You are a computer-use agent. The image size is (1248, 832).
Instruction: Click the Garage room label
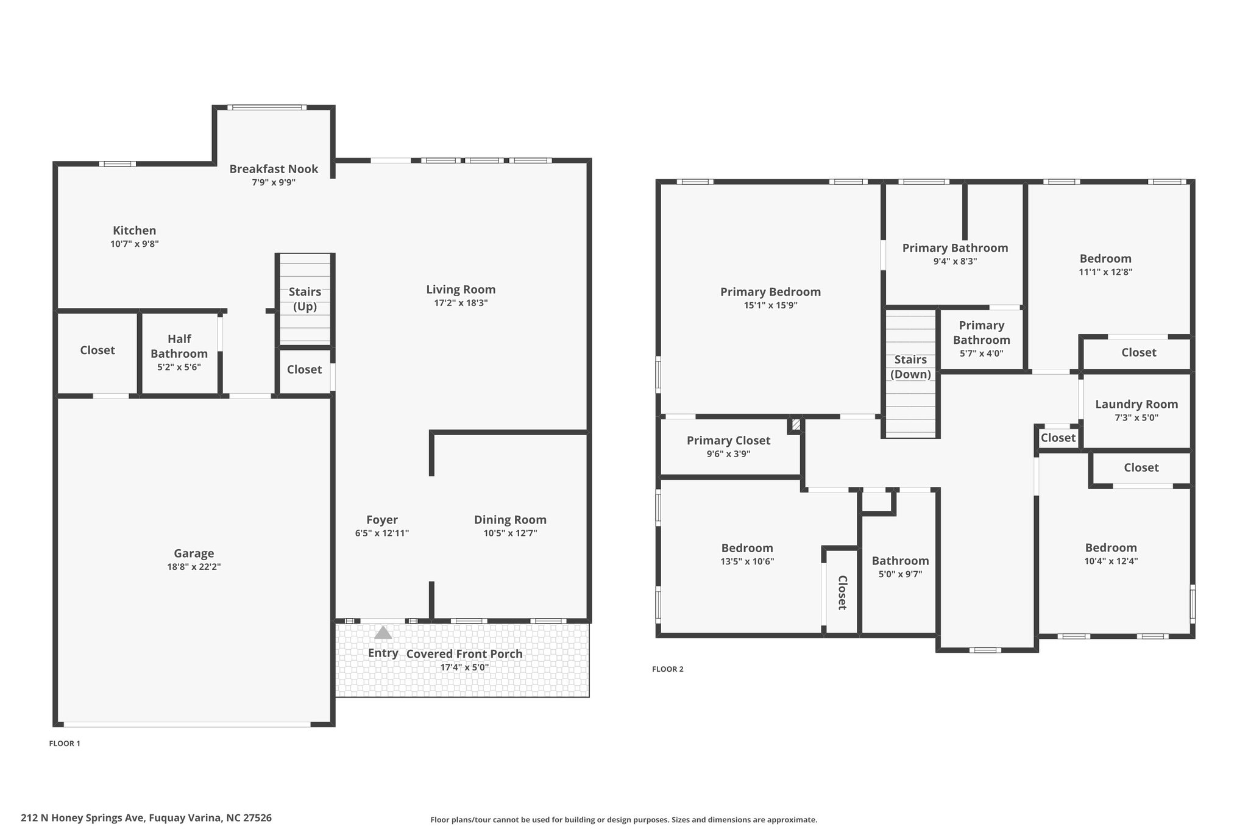(194, 553)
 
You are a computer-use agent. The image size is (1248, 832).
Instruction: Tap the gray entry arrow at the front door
(383, 633)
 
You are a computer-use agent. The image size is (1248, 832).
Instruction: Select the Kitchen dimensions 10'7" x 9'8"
(135, 244)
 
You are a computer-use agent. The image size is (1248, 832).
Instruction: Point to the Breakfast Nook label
(274, 169)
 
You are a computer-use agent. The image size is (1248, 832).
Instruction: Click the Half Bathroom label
(179, 346)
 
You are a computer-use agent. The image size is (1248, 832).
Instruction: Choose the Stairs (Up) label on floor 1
(305, 299)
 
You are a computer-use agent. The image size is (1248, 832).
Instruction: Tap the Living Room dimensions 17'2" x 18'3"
(461, 303)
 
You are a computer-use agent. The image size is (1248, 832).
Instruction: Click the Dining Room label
(510, 520)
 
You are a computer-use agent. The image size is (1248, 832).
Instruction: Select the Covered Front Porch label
(464, 654)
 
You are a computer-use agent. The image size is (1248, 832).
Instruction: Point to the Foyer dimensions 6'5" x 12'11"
(382, 533)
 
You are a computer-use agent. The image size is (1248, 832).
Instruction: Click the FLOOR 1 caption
(65, 744)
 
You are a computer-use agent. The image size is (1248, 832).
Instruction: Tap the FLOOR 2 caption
(668, 669)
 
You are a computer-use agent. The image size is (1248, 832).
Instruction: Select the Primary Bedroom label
(770, 292)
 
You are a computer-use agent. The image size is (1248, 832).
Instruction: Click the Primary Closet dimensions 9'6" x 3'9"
(728, 454)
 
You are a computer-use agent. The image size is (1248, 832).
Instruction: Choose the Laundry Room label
(1136, 404)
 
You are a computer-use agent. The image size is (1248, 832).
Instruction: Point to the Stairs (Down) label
(910, 367)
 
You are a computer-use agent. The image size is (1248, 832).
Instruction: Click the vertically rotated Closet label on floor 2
(842, 592)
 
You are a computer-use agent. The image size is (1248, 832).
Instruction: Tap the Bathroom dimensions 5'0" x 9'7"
(900, 574)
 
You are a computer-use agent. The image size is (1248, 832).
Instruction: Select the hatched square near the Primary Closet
(796, 423)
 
